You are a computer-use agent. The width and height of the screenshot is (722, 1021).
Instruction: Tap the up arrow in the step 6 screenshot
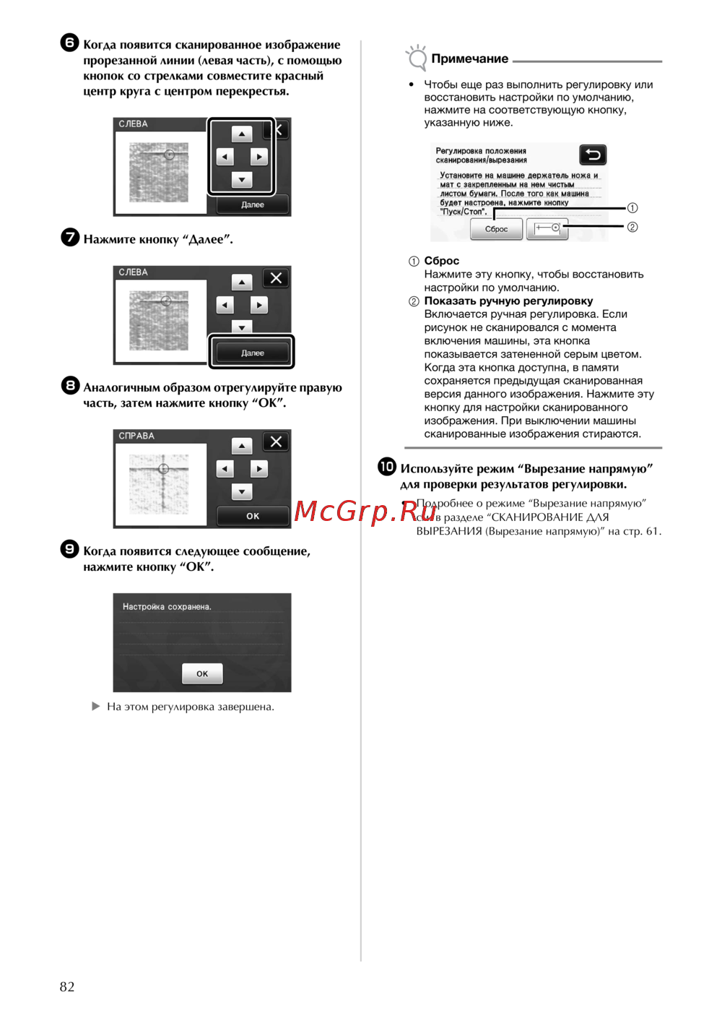click(x=241, y=134)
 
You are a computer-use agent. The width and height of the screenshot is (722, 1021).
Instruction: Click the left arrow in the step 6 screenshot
click(x=225, y=157)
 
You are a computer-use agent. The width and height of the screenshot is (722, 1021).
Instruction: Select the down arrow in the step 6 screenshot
click(x=241, y=180)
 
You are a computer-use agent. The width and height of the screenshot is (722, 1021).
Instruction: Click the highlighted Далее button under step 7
click(x=253, y=353)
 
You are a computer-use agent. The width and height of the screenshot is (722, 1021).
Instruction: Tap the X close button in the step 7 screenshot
click(x=276, y=278)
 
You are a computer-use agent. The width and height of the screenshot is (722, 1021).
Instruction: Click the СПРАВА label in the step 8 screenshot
click(x=136, y=436)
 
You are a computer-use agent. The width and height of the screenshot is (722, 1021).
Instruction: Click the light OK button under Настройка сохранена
click(x=202, y=673)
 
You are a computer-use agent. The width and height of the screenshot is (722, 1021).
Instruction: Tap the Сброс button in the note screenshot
click(x=496, y=229)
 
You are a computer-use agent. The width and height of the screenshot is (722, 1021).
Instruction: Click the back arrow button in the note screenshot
click(x=593, y=155)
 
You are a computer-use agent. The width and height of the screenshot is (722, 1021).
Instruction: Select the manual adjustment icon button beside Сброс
click(x=547, y=228)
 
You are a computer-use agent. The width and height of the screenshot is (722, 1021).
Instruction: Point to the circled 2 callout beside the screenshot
click(x=632, y=227)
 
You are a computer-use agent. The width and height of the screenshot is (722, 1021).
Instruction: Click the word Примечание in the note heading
click(x=469, y=59)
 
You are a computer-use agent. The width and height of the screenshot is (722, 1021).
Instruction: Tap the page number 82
click(x=67, y=986)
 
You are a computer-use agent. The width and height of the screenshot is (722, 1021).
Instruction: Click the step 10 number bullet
click(x=387, y=466)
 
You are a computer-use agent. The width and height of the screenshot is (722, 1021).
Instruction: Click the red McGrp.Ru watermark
click(x=365, y=511)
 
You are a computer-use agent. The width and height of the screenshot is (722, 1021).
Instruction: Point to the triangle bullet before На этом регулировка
click(x=95, y=707)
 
